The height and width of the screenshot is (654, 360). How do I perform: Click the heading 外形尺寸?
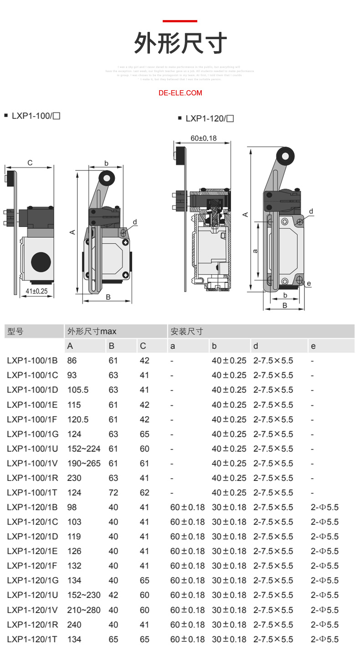180,44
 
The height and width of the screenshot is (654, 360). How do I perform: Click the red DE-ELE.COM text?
180,93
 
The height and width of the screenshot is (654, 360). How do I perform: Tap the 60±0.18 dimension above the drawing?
203,138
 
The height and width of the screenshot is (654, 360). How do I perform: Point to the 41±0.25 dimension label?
36,291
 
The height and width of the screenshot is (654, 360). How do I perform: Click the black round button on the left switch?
41,262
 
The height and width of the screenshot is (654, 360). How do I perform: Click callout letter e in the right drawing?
309,284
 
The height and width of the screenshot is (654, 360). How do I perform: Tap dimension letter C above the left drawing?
30,163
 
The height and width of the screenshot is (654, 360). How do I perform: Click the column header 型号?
15,332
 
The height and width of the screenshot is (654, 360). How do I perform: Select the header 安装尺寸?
187,332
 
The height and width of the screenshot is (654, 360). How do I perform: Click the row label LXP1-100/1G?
32,434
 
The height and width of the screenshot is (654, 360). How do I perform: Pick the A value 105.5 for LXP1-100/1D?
78,390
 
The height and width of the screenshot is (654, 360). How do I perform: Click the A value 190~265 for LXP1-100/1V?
84,463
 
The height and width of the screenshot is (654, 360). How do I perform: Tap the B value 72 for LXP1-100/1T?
113,492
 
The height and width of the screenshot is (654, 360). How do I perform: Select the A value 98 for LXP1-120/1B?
72,507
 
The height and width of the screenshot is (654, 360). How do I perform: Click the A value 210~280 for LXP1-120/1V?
84,610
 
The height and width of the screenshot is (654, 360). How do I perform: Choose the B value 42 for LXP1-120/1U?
113,595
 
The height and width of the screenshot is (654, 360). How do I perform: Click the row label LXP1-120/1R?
32,624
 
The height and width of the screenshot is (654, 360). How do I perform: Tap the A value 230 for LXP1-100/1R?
74,478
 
